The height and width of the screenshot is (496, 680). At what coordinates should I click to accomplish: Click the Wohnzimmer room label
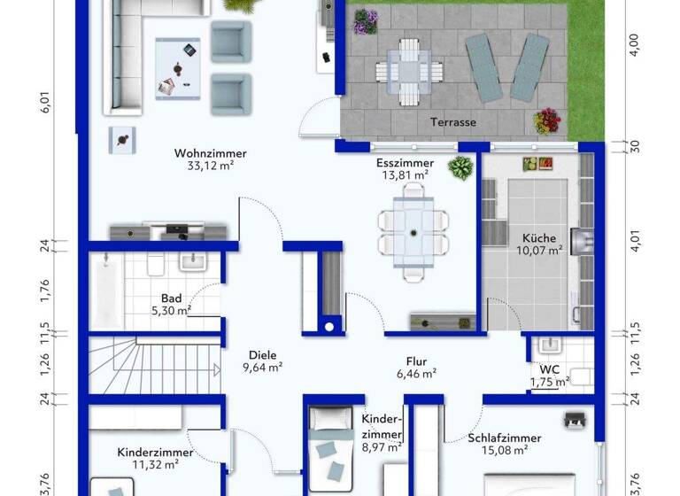pyautogui.click(x=210, y=153)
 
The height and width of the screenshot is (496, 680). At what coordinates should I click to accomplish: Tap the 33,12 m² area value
pyautogui.click(x=210, y=166)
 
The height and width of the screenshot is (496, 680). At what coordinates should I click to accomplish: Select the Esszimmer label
pyautogui.click(x=404, y=163)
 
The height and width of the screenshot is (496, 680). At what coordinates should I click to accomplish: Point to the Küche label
pyautogui.click(x=539, y=238)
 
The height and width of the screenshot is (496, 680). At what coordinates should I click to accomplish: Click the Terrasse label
pyautogui.click(x=453, y=122)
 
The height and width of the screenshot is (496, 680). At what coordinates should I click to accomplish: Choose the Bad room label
pyautogui.click(x=171, y=298)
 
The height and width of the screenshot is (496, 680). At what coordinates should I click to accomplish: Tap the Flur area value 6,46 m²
pyautogui.click(x=416, y=374)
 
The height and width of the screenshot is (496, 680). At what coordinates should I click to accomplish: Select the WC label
pyautogui.click(x=549, y=369)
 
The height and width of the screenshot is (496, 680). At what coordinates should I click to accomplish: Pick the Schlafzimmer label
pyautogui.click(x=506, y=438)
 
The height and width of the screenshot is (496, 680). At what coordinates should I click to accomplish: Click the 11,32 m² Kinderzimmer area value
pyautogui.click(x=148, y=464)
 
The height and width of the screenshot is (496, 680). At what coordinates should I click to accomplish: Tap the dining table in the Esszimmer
pyautogui.click(x=413, y=232)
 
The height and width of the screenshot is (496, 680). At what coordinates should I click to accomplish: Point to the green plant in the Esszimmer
pyautogui.click(x=460, y=167)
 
